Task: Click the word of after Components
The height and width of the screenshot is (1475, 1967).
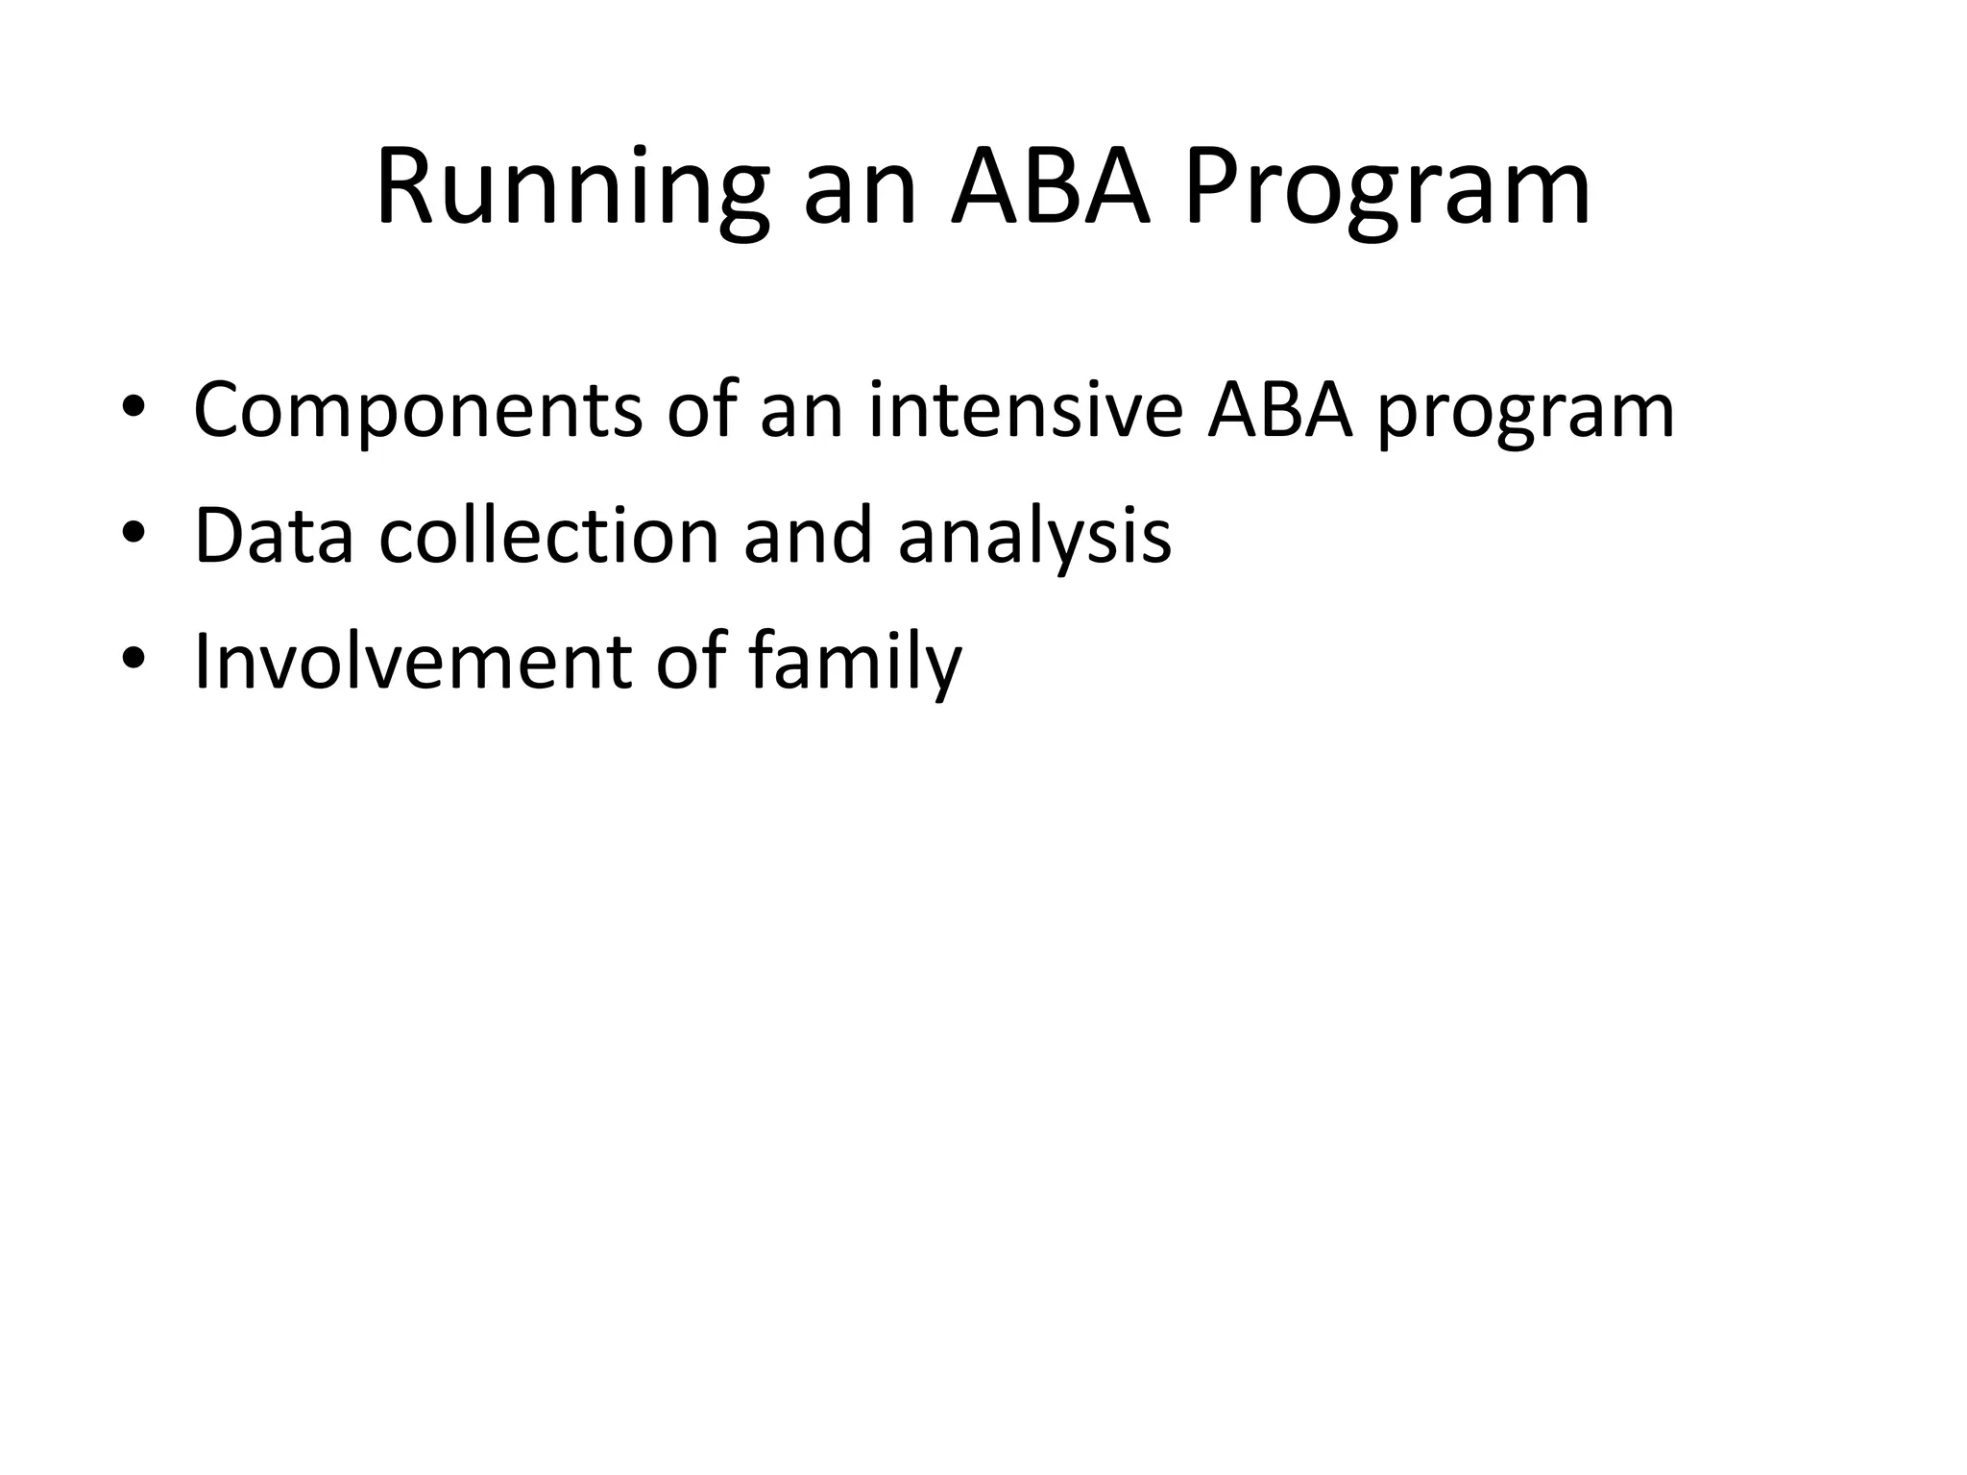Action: click(700, 411)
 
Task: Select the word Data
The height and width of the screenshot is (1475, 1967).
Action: click(274, 536)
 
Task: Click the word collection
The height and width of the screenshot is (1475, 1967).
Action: click(548, 536)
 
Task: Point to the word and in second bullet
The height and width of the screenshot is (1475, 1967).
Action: click(807, 536)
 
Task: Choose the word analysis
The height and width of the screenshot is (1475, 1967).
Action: click(1034, 536)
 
